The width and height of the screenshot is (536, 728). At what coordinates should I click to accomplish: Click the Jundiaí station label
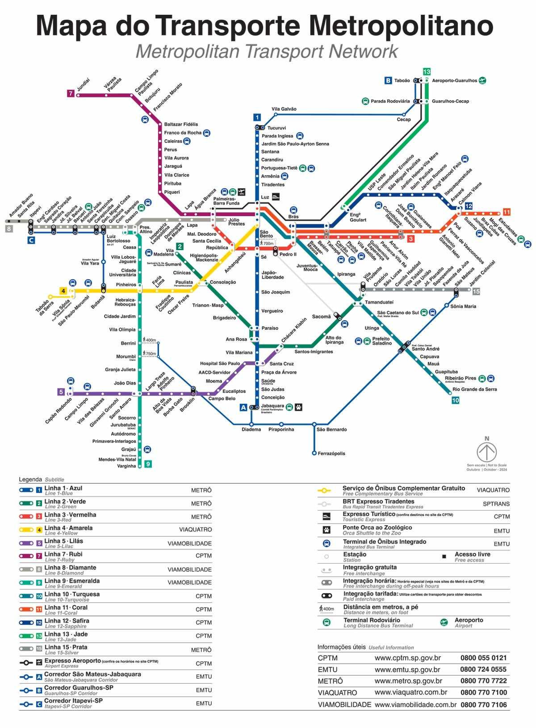click(83, 85)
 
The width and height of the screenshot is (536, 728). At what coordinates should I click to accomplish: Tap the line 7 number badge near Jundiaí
click(71, 93)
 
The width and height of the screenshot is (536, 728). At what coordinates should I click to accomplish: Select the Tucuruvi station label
click(276, 128)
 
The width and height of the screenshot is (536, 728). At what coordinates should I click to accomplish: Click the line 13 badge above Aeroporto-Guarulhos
click(427, 71)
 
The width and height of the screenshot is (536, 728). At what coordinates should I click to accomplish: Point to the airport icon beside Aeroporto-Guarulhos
click(482, 81)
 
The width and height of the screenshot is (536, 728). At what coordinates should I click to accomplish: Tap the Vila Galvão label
click(284, 109)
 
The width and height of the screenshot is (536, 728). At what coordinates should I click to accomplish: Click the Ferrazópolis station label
click(331, 453)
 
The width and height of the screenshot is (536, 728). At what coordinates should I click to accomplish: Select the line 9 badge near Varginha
click(148, 464)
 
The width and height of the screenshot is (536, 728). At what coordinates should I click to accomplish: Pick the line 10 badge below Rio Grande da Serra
click(456, 400)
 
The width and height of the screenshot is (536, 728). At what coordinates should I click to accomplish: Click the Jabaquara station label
click(272, 406)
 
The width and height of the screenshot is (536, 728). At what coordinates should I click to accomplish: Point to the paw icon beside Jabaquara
click(298, 407)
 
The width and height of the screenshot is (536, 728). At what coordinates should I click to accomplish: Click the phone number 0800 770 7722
click(483, 681)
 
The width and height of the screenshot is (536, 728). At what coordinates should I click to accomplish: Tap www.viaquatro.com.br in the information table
click(410, 692)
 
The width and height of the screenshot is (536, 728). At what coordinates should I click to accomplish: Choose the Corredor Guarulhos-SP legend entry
click(79, 687)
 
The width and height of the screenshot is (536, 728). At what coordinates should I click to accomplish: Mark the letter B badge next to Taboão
click(388, 81)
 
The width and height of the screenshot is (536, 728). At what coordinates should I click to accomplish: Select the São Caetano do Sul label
click(398, 313)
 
